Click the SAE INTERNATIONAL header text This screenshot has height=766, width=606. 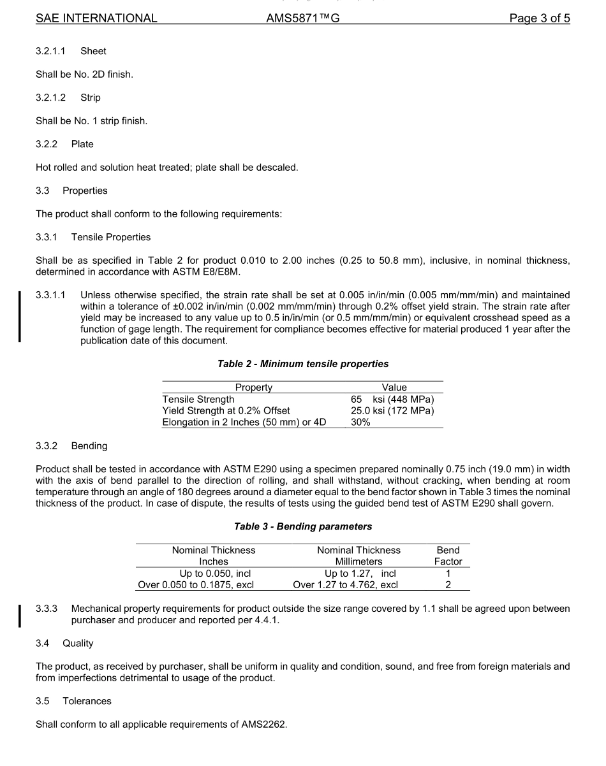point(96,18)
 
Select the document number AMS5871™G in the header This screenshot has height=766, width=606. point(302,18)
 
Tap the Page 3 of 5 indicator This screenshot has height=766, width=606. point(539,18)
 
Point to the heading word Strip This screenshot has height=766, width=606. point(91,98)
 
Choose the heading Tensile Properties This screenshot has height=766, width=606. point(111,237)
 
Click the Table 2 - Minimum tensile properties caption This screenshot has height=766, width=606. point(302,364)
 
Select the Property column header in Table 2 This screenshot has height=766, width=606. point(253,387)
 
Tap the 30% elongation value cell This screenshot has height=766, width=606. point(360,423)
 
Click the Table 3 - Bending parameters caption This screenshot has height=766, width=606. point(302,526)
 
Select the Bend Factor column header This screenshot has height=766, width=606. point(448,556)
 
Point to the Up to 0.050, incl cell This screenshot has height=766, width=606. point(214,573)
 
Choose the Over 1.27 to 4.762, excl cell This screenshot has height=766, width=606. point(345,584)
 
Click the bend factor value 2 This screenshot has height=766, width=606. point(448,584)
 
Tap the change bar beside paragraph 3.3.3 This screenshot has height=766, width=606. point(20,615)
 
